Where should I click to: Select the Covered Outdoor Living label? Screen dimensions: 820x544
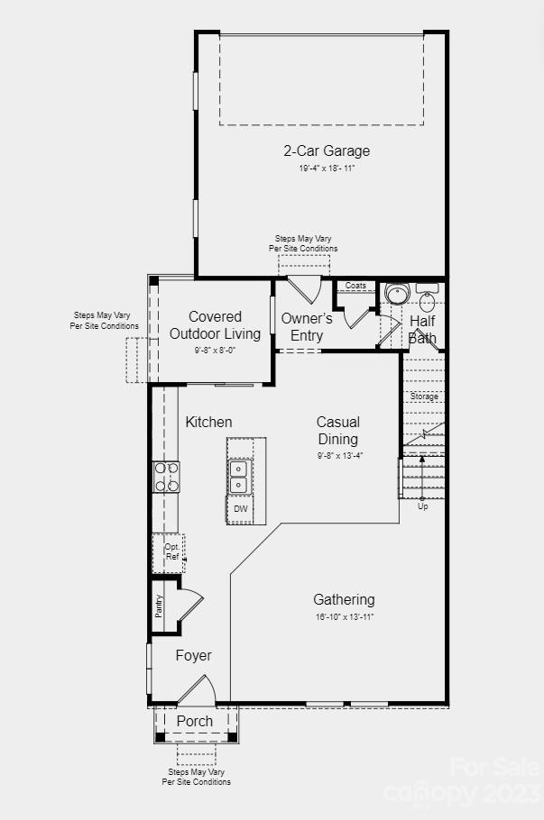click(216, 325)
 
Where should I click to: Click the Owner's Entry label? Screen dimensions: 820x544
click(307, 327)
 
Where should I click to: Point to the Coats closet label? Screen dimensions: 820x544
click(356, 286)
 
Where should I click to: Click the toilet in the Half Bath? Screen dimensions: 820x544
click(397, 294)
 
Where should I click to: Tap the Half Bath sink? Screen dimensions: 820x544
click(427, 300)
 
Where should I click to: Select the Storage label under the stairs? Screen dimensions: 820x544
click(424, 396)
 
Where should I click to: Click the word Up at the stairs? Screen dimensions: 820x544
click(422, 506)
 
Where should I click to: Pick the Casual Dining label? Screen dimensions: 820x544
click(338, 431)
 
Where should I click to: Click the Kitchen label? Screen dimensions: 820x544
click(208, 422)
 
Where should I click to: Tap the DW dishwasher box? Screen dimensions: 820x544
click(240, 509)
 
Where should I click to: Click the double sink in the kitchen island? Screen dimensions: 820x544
click(239, 477)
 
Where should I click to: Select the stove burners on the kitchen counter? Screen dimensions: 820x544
click(167, 476)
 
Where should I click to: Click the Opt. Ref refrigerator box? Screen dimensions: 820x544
click(171, 551)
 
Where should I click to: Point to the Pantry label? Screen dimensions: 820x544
click(160, 606)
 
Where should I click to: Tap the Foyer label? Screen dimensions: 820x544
click(193, 655)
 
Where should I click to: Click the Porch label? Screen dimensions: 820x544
click(195, 721)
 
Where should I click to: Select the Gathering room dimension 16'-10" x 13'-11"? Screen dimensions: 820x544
click(344, 617)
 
